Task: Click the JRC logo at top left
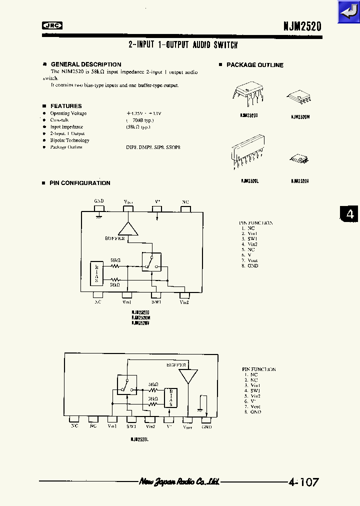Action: (x=51, y=26)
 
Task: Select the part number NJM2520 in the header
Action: (x=300, y=26)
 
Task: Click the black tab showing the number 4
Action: (x=350, y=214)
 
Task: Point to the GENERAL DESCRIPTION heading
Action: (x=86, y=64)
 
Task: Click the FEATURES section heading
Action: (x=66, y=106)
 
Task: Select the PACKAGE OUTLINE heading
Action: (x=254, y=65)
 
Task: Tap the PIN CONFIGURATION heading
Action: (x=80, y=183)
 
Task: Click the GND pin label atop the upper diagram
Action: (x=99, y=201)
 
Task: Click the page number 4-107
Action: (x=303, y=482)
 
